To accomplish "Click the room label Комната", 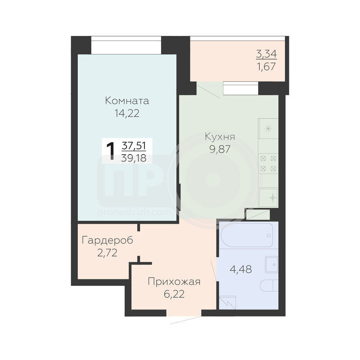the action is pyautogui.click(x=127, y=101).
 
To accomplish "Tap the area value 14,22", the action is pyautogui.click(x=127, y=113).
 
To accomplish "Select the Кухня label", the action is pyautogui.click(x=220, y=137).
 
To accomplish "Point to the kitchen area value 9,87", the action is pyautogui.click(x=220, y=149).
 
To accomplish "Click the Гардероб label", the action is pyautogui.click(x=108, y=241).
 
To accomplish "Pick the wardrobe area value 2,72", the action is pyautogui.click(x=108, y=253).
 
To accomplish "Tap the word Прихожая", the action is pyautogui.click(x=174, y=282).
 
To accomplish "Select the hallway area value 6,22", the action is pyautogui.click(x=174, y=294).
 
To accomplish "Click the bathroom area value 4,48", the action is pyautogui.click(x=241, y=269).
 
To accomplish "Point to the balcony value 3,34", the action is pyautogui.click(x=266, y=54).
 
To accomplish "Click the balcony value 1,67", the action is pyautogui.click(x=266, y=67).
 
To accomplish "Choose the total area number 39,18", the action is pyautogui.click(x=134, y=158).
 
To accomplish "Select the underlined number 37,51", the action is pyautogui.click(x=134, y=146).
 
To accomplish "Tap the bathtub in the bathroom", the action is pyautogui.click(x=247, y=235).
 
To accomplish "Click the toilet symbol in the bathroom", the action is pyautogui.click(x=269, y=286).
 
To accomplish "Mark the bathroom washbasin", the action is pyautogui.click(x=272, y=265).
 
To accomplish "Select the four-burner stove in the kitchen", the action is pyautogui.click(x=268, y=164).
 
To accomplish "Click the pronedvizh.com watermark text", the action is pyautogui.click(x=134, y=212).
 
